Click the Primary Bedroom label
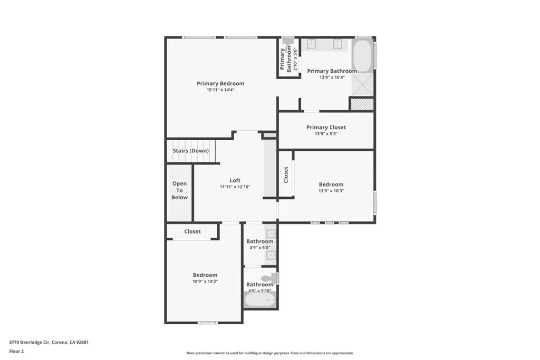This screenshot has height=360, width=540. click(220, 83)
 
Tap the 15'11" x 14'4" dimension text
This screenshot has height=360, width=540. click(220, 90)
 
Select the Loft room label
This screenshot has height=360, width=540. click(235, 180)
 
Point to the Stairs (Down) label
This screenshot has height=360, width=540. click(191, 151)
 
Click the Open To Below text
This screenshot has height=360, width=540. click(180, 190)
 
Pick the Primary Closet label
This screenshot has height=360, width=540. click(326, 128)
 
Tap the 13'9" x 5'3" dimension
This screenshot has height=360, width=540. click(326, 134)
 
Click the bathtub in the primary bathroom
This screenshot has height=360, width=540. click(363, 56)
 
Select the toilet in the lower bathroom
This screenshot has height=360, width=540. click(269, 278)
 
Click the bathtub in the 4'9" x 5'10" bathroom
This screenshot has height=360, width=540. click(260, 300)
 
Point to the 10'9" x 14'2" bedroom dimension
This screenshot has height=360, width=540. click(205, 281)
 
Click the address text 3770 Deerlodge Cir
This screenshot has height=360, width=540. click(30, 343)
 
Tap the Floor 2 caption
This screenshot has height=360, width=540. click(16, 352)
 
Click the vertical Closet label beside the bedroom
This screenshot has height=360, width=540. click(286, 175)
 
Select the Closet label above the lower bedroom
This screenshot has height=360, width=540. click(192, 231)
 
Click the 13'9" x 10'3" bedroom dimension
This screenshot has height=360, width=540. click(331, 191)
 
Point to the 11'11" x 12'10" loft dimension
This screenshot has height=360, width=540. click(235, 187)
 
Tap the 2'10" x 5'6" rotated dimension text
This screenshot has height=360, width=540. click(295, 58)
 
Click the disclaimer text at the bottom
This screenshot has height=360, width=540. click(270, 353)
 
